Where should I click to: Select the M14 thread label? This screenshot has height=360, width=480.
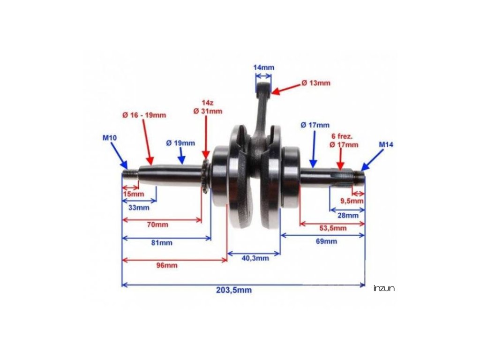pos(386,145)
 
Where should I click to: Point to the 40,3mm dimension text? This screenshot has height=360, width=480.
pos(255,258)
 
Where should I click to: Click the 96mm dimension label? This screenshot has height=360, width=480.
pos(166,265)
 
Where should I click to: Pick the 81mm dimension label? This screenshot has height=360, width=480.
pos(162,243)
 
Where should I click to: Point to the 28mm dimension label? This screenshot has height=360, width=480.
pos(347,215)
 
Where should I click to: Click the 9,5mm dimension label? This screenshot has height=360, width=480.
pos(352,201)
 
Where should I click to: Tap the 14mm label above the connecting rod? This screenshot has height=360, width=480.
pos(263,67)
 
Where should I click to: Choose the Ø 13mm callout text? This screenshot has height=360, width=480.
pos(315,83)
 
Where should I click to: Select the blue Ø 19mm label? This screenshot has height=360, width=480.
pos(180,143)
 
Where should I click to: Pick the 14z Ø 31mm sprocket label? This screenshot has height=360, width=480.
pos(208,107)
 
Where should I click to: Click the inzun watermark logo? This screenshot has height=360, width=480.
pos(384,288)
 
